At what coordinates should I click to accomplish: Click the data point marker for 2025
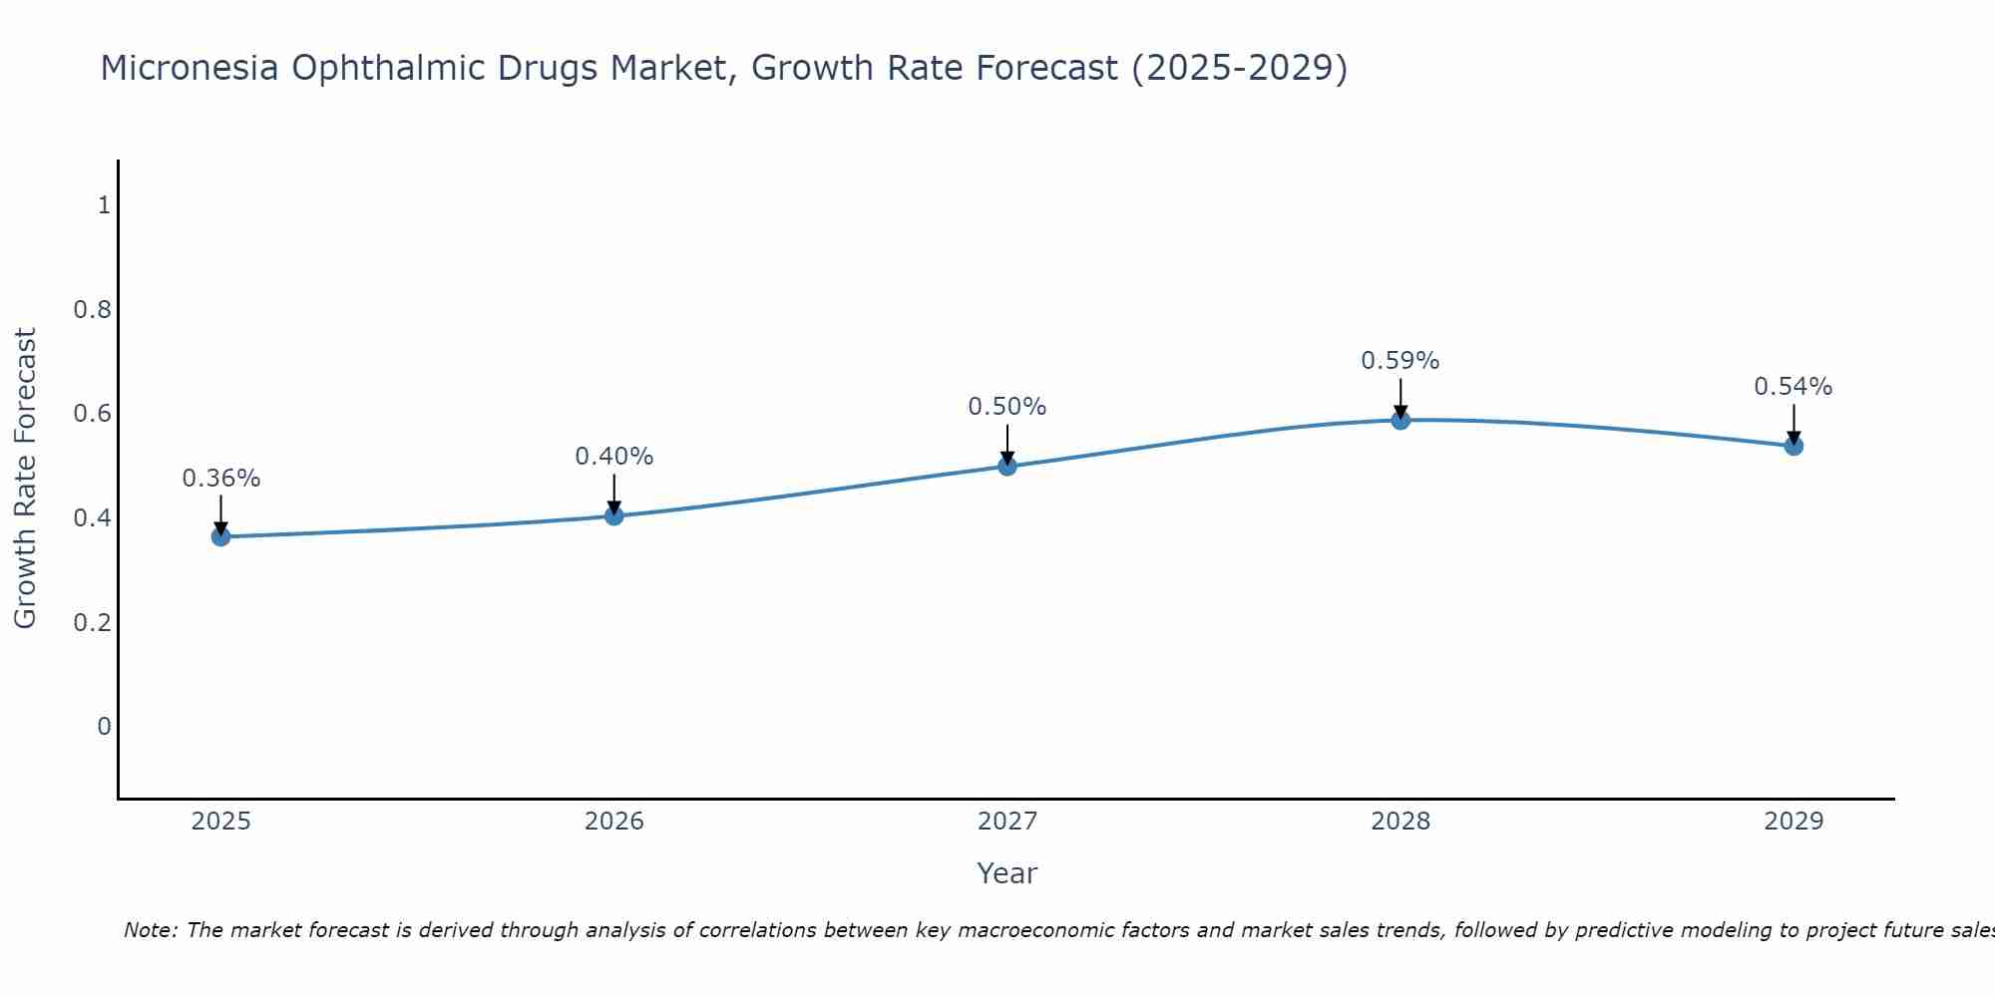220,536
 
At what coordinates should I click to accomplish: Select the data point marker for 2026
613,515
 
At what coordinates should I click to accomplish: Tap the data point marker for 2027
1007,466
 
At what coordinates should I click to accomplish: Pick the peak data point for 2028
1400,420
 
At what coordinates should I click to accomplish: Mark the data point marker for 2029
1794,446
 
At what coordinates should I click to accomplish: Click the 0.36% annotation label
220,479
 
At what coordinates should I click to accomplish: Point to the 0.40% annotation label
613,457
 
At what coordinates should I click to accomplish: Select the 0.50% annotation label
1007,407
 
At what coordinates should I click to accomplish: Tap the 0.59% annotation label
1400,361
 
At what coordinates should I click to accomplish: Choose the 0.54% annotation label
1794,387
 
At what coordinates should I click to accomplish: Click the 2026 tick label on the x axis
613,822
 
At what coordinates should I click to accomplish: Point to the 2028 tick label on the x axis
1400,822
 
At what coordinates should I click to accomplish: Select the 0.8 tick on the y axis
92,310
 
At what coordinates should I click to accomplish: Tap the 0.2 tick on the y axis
92,622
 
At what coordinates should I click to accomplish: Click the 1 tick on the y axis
103,205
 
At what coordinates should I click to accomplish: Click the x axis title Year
1007,873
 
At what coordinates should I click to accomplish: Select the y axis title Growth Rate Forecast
25,479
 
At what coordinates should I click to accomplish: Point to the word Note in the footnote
149,930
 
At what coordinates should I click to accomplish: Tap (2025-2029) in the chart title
1239,68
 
